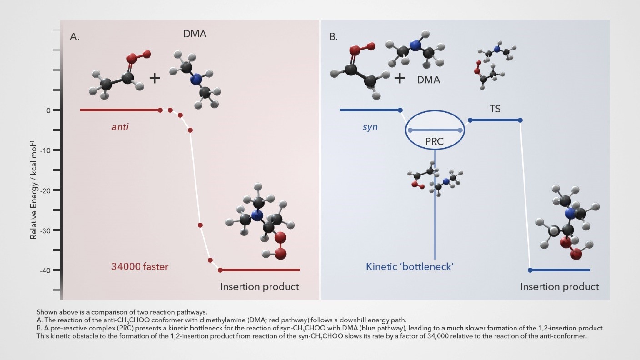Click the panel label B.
pyautogui.click(x=333, y=37)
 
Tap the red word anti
pyautogui.click(x=120, y=127)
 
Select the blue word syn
pyautogui.click(x=370, y=127)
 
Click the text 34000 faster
pyautogui.click(x=140, y=267)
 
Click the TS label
pyautogui.click(x=495, y=109)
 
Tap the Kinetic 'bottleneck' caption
pyautogui.click(x=410, y=267)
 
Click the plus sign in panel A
pyautogui.click(x=155, y=78)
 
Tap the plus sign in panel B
pyautogui.click(x=400, y=78)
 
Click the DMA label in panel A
pyautogui.click(x=195, y=34)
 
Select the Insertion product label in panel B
pyautogui.click(x=559, y=287)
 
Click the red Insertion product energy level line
pyautogui.click(x=260, y=270)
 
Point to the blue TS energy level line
pyautogui.click(x=495, y=120)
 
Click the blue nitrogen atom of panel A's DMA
pyautogui.click(x=196, y=80)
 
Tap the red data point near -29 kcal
pyautogui.click(x=200, y=225)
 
